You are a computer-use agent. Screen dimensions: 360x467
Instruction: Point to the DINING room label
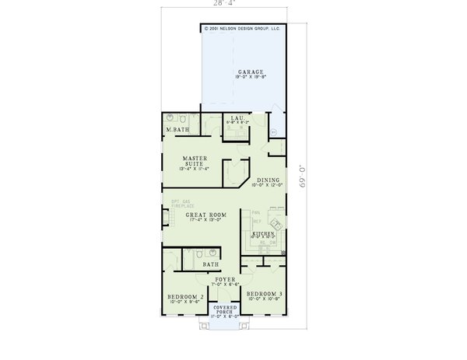tap(265, 178)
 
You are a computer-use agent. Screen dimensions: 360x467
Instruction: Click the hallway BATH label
tap(211, 264)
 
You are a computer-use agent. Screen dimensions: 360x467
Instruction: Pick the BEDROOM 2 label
tap(186, 297)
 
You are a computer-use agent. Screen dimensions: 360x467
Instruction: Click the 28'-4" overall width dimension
tap(225, 4)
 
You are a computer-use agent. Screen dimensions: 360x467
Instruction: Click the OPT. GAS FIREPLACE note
tap(181, 204)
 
